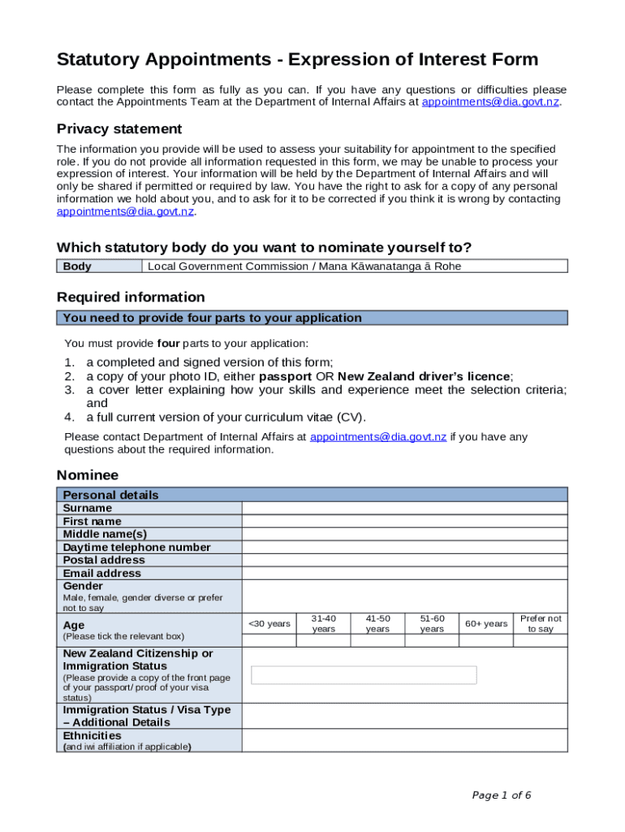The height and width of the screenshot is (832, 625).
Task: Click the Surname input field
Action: pyautogui.click(x=404, y=508)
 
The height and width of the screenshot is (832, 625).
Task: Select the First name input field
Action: pyautogui.click(x=404, y=521)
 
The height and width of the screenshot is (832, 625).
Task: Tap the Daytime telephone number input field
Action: pyautogui.click(x=404, y=547)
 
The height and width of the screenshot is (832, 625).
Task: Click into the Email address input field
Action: pyautogui.click(x=404, y=573)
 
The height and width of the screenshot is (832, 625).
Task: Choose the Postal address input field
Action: pyautogui.click(x=404, y=560)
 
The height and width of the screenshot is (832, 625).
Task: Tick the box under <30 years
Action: pyautogui.click(x=269, y=641)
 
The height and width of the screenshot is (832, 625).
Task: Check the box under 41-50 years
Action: pyautogui.click(x=377, y=641)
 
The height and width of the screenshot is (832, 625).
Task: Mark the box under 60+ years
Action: pyautogui.click(x=486, y=641)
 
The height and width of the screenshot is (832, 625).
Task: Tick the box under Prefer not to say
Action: pyautogui.click(x=541, y=641)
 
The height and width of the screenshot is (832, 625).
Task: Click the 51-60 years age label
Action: pyautogui.click(x=432, y=623)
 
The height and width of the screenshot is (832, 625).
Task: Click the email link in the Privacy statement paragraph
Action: pyautogui.click(x=125, y=211)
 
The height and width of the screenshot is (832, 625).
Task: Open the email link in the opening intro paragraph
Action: pyautogui.click(x=490, y=102)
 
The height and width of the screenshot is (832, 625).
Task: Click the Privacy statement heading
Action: pyautogui.click(x=119, y=129)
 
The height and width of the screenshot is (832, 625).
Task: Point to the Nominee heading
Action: pyautogui.click(x=87, y=475)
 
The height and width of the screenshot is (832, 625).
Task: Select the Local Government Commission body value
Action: pyautogui.click(x=304, y=266)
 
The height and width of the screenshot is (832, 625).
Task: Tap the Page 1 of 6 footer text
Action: pyautogui.click(x=502, y=795)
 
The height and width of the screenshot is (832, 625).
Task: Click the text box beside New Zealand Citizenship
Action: pyautogui.click(x=364, y=675)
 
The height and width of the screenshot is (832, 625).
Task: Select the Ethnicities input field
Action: pyautogui.click(x=404, y=740)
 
